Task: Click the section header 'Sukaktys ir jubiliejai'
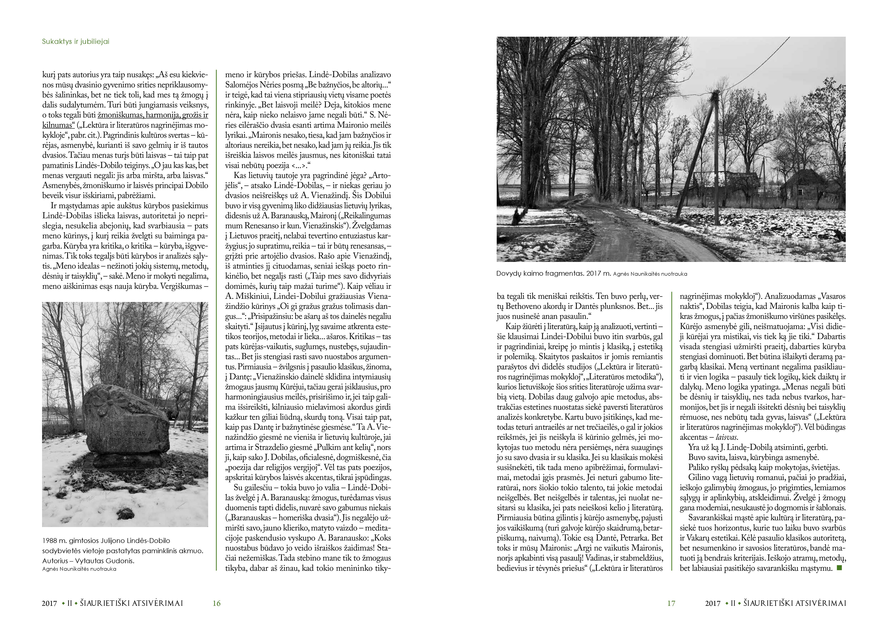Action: tap(75, 42)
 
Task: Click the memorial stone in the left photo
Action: tap(126, 425)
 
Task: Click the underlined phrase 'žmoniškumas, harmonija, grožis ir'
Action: tap(153, 115)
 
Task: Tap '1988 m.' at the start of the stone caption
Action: tap(55, 541)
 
